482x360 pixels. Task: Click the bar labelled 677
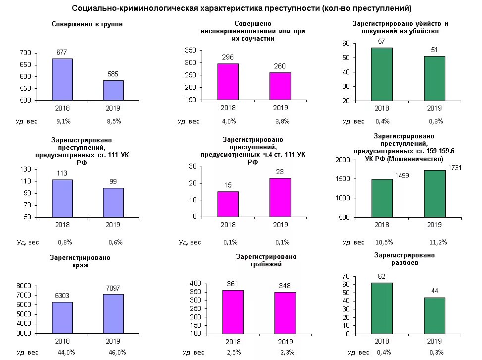click(x=62, y=79)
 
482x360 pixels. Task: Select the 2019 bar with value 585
click(x=113, y=90)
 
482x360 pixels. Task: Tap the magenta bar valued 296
click(x=228, y=82)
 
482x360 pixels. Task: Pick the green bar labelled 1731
click(x=434, y=194)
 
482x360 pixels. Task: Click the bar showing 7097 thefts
click(x=113, y=313)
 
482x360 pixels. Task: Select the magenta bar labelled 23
click(x=280, y=197)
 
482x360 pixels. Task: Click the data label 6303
click(x=62, y=296)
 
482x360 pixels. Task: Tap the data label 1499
click(x=402, y=176)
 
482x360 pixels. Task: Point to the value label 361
click(x=233, y=284)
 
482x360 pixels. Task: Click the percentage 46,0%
click(x=117, y=353)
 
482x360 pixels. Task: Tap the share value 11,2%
click(x=438, y=242)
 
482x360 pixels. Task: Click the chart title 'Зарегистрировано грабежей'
click(x=266, y=260)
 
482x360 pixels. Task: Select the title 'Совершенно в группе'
click(x=87, y=24)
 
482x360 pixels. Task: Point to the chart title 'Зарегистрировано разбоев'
click(x=404, y=259)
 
